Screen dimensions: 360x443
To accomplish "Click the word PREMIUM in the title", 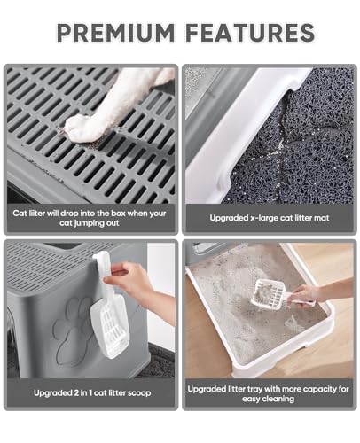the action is click(115, 33).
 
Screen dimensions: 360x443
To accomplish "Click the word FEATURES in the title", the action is click(251, 33).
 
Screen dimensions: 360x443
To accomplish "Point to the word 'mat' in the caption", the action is click(322, 218).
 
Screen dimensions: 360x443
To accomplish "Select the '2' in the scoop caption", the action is click(76, 392).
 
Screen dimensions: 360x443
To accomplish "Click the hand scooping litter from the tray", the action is click(308, 294).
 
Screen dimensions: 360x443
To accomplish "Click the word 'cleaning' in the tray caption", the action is click(278, 399).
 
